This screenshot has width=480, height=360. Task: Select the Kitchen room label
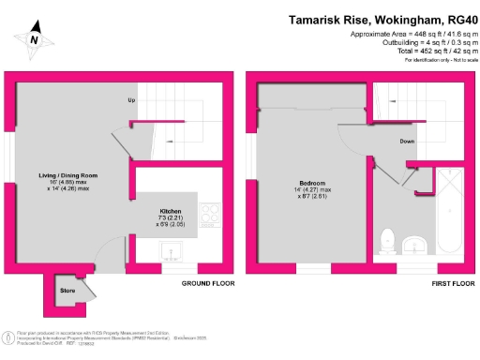(171, 212)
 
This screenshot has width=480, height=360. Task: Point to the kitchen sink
(171, 248)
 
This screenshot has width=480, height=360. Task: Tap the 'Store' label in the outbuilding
(67, 290)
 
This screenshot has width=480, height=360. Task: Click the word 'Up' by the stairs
(132, 98)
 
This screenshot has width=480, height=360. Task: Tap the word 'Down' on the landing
(407, 142)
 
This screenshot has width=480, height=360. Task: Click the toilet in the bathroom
(389, 240)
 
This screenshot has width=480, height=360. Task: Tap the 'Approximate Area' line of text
(409, 34)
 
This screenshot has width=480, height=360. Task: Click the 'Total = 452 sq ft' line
(427, 52)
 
